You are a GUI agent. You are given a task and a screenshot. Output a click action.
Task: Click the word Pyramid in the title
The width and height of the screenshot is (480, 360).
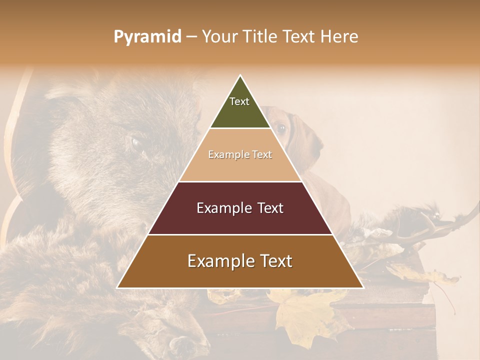[x=147, y=36]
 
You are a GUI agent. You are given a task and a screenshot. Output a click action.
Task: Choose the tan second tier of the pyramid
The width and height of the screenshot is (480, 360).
[x=240, y=167]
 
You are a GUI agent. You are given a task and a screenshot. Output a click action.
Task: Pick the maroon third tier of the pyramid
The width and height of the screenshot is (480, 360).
[x=240, y=220]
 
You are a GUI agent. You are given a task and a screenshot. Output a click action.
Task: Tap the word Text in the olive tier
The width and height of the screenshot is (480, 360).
[x=239, y=101]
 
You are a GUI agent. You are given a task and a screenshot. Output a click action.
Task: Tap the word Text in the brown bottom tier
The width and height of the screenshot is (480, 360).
[x=275, y=261]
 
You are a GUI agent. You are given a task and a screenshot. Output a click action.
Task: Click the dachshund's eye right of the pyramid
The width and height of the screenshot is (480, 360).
[x=281, y=128]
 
